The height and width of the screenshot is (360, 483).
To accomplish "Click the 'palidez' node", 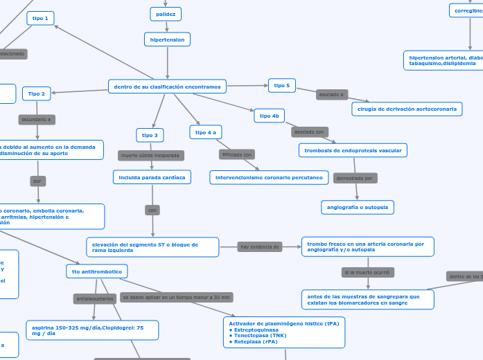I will click(166, 14).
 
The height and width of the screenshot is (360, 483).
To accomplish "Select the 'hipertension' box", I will click(167, 39).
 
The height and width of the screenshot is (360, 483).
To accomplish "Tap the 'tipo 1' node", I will click(40, 19).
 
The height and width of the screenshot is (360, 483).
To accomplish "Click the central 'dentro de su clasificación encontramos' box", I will click(167, 87).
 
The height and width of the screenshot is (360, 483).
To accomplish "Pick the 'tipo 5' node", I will click(282, 85).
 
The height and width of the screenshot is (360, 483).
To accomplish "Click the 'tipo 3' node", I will click(150, 135).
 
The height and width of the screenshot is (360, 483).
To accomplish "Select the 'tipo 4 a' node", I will click(205, 132).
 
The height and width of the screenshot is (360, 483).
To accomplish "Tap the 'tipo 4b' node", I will click(269, 116).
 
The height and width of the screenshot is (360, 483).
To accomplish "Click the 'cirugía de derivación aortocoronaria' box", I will click(407, 109).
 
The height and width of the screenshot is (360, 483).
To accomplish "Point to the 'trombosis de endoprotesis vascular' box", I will click(353, 150).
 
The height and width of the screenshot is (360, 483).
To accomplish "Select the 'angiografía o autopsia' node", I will click(358, 207).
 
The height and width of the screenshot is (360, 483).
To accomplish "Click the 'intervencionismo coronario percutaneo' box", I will click(268, 178).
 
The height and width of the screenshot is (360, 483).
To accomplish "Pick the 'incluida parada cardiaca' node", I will click(152, 178).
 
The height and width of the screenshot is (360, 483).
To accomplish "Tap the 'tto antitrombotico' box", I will click(96, 272).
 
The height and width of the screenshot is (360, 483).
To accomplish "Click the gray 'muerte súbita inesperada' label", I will click(151, 156).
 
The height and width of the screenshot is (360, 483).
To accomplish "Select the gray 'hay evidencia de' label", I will click(260, 246).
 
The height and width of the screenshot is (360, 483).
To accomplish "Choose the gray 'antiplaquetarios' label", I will click(94, 299).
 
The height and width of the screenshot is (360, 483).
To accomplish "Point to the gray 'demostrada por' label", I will click(355, 178).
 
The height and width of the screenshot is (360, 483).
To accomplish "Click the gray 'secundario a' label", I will click(37, 120).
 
